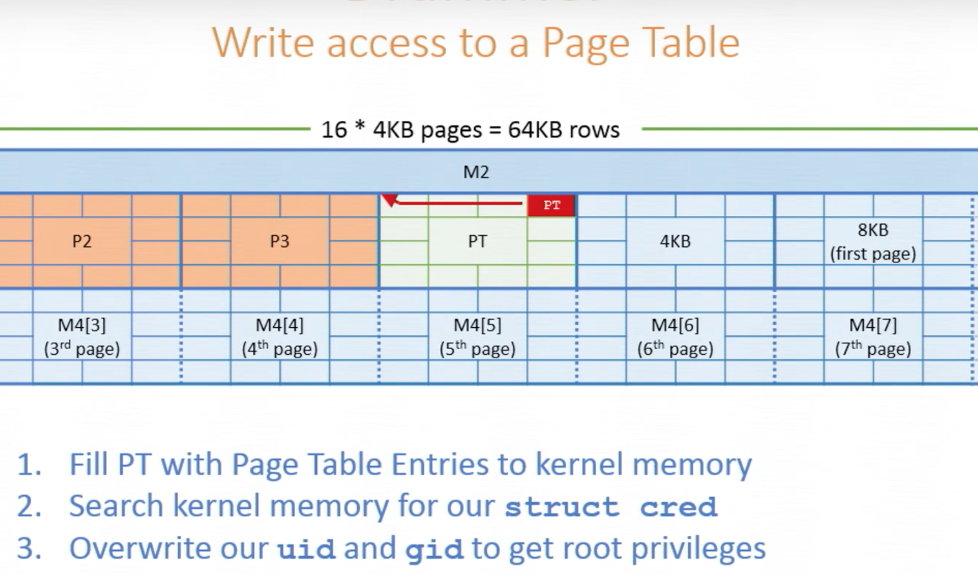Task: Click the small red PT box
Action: tap(551, 205)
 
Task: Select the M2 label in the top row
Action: tap(476, 172)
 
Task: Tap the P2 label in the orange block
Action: tap(82, 241)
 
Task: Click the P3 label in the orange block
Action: tap(279, 241)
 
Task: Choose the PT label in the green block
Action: tap(477, 241)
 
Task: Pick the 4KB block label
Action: tap(675, 241)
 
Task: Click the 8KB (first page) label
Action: tap(873, 242)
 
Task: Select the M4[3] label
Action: tap(82, 325)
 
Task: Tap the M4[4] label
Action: tap(279, 325)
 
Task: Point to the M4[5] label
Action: tap(477, 325)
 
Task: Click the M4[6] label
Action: tap(675, 325)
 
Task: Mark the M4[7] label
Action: tap(873, 325)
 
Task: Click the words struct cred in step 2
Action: tap(611, 507)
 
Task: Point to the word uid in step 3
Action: tap(306, 549)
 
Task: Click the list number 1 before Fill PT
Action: tap(29, 465)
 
